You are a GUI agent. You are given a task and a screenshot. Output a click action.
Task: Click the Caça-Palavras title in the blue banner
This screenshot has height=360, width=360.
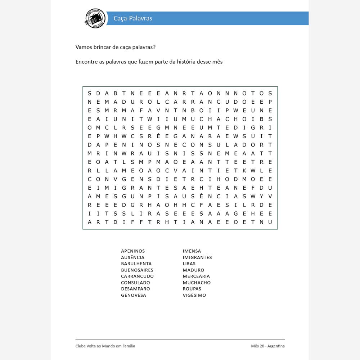point(133,18)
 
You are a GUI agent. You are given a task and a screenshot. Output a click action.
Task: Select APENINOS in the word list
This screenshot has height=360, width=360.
point(133,251)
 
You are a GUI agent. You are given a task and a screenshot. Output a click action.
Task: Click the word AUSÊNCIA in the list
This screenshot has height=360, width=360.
point(132,257)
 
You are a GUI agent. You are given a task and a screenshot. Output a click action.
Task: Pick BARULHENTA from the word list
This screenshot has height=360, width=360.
point(136,264)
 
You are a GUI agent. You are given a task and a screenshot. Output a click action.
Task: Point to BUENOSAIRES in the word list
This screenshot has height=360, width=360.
point(137,270)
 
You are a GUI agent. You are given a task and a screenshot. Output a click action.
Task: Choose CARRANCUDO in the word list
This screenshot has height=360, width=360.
point(137,276)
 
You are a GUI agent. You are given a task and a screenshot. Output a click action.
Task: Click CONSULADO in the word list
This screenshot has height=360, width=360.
point(135,283)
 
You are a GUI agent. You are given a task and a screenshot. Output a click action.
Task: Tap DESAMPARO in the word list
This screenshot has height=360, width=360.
point(135,289)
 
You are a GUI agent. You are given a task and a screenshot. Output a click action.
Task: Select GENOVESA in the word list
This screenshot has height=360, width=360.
point(134,295)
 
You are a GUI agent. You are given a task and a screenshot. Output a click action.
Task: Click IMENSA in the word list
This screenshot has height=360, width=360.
point(192,251)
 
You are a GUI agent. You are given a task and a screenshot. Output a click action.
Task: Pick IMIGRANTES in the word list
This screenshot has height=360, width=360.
point(197,257)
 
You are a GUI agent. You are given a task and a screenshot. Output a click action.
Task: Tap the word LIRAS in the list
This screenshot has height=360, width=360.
point(189,264)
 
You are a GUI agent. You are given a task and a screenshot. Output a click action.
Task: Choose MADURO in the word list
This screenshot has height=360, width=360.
point(193,270)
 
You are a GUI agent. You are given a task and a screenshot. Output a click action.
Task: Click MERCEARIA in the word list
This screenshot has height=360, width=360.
point(196,276)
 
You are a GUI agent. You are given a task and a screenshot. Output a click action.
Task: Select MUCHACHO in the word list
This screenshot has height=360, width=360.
point(197,283)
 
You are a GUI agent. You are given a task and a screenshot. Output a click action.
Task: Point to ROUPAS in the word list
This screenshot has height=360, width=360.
point(192,289)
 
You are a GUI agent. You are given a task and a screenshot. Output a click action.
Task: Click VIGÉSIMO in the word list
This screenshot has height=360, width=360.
point(194,295)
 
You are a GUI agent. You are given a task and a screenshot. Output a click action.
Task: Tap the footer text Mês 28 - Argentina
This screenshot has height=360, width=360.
point(268,346)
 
